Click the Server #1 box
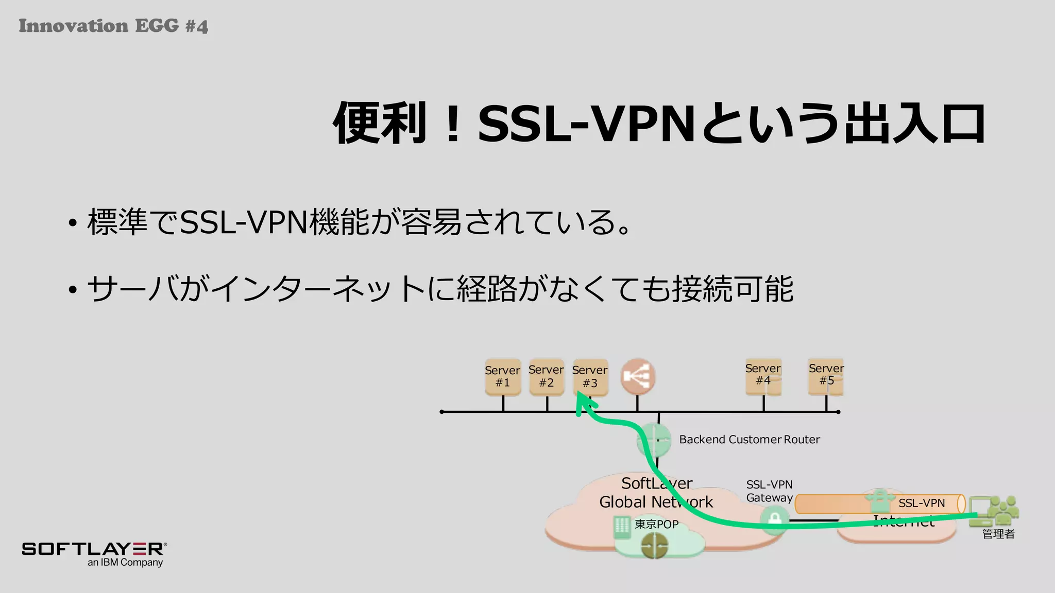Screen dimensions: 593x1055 (x=503, y=377)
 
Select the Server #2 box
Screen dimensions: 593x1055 (x=547, y=377)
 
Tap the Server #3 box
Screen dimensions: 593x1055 (x=590, y=377)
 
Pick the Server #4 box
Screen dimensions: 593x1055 (x=763, y=377)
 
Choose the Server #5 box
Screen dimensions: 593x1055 (x=826, y=377)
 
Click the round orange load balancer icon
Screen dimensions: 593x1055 (x=638, y=377)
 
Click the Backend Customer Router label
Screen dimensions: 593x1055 (x=749, y=440)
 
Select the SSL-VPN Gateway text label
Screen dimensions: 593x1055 (x=769, y=491)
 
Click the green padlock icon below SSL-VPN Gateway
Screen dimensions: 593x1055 (x=774, y=519)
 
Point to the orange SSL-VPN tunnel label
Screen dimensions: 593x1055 (x=921, y=503)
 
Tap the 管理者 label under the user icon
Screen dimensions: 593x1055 (x=998, y=534)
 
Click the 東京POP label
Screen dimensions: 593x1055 (x=656, y=524)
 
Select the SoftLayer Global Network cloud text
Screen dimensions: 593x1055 (x=656, y=493)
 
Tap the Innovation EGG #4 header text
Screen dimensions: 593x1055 (x=113, y=26)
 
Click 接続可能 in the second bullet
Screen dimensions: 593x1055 (x=732, y=289)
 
